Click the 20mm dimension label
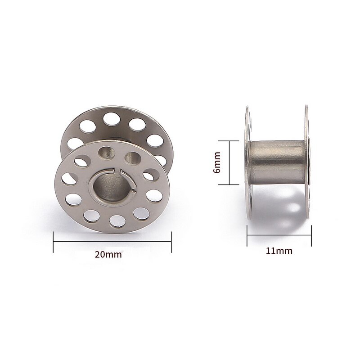click(108, 254)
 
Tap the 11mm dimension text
click(279, 251)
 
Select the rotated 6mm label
click(217, 163)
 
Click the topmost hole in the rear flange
click(109, 119)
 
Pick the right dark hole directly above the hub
click(132, 158)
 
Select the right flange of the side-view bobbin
click(307, 163)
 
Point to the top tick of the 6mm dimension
click(230, 141)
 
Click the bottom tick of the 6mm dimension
click(230, 185)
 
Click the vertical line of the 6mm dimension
click(230, 163)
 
